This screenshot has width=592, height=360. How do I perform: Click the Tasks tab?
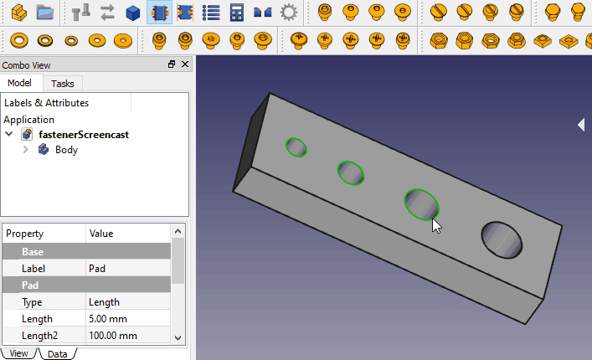tap(62, 84)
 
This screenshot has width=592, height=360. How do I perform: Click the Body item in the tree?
tap(66, 150)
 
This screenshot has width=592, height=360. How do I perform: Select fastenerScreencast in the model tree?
tap(84, 134)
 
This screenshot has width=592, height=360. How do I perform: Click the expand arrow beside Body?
tap(26, 150)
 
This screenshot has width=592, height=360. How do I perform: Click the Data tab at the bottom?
tap(57, 354)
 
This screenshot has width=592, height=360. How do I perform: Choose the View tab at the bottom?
tap(18, 354)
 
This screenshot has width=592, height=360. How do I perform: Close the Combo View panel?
tap(185, 64)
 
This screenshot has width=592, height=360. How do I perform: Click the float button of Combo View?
tap(172, 64)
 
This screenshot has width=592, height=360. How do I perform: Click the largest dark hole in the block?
tap(502, 240)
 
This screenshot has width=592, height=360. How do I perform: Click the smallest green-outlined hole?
tap(296, 147)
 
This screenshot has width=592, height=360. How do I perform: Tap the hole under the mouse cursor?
tap(420, 203)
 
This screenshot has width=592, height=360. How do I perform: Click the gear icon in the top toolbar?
tap(289, 13)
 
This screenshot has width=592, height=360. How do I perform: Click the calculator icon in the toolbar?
tap(237, 13)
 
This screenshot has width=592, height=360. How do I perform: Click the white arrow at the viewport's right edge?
tap(581, 124)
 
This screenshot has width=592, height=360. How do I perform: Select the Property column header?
tap(25, 234)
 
